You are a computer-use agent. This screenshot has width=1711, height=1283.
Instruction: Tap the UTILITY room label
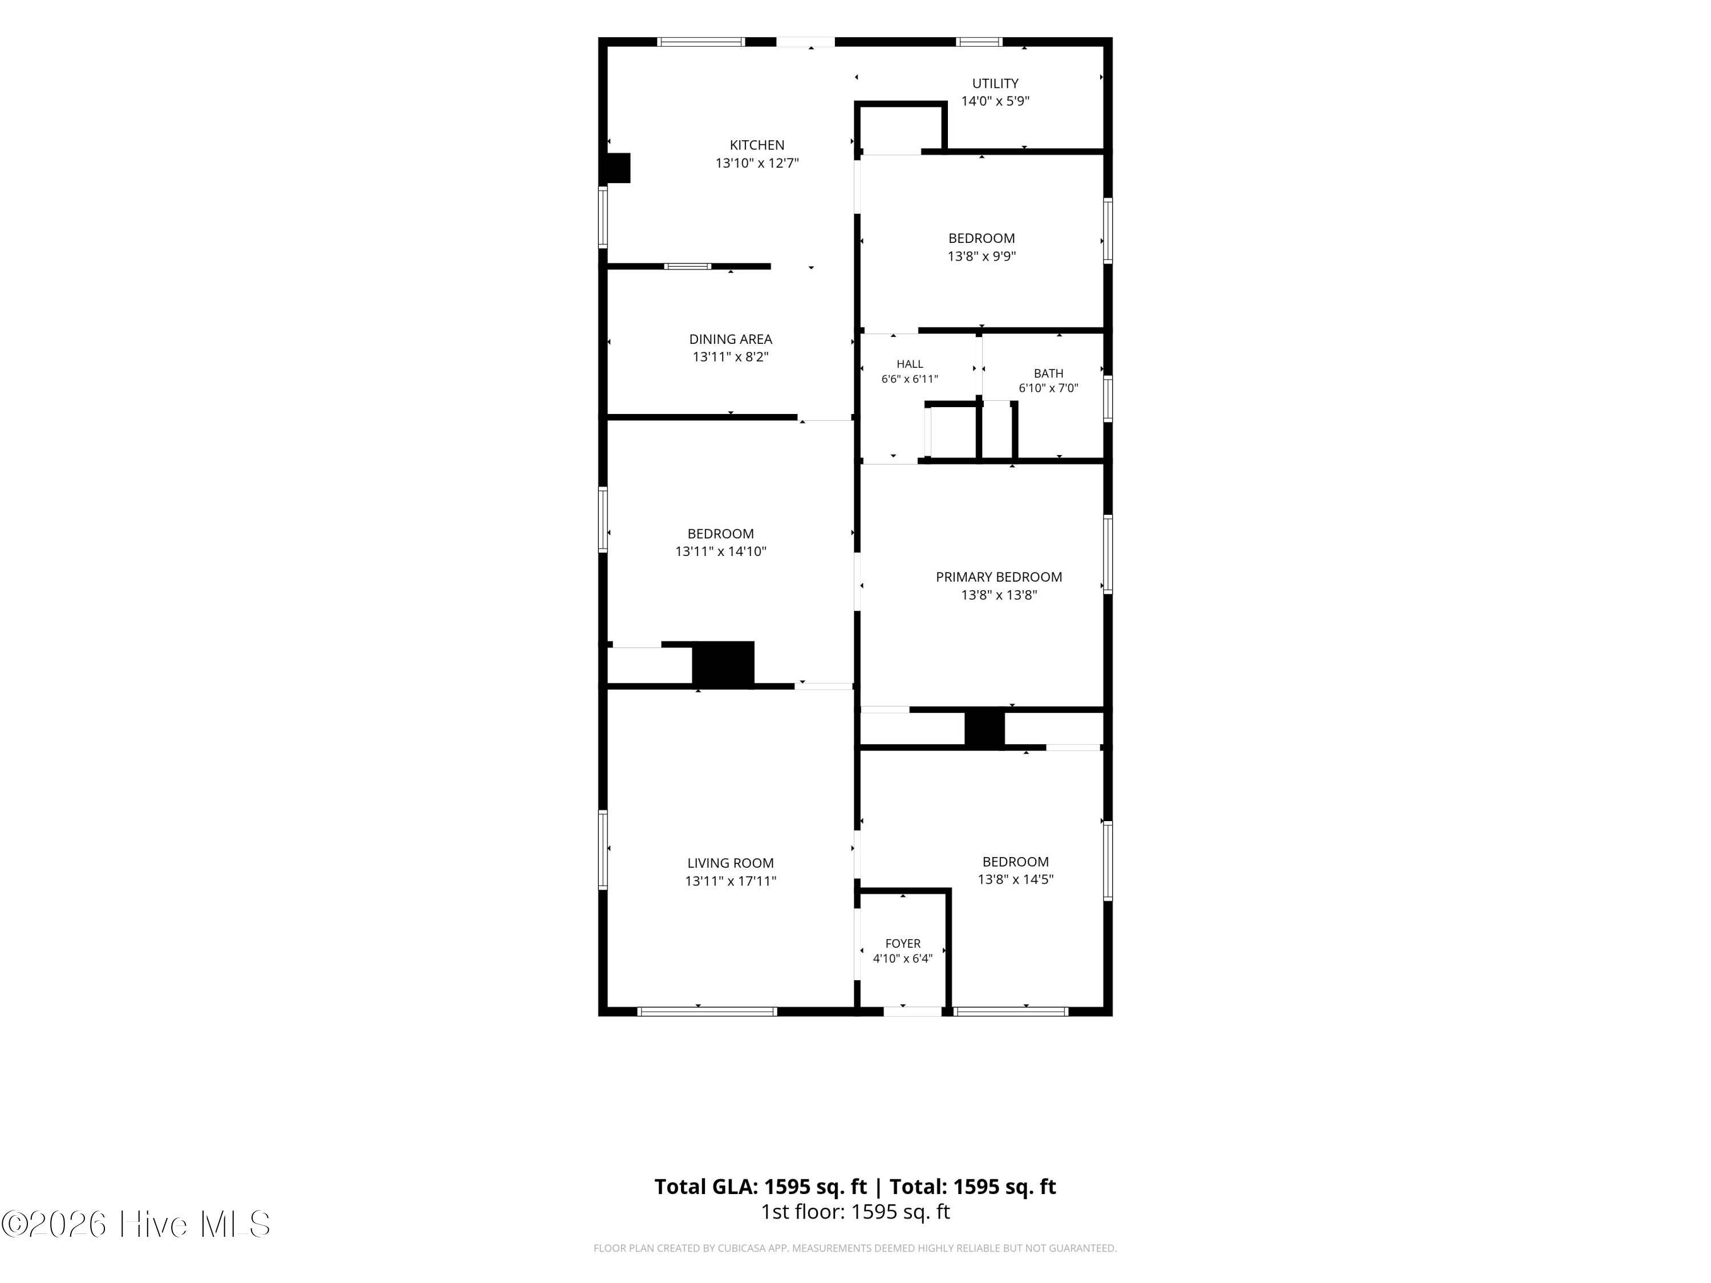(x=995, y=83)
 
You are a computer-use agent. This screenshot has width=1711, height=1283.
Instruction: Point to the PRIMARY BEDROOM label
(x=999, y=577)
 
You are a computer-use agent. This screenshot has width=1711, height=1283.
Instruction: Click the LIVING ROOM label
(x=730, y=863)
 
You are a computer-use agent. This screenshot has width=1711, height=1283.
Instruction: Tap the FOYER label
(x=903, y=944)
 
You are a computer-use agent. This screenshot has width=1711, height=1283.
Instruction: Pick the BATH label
(x=1048, y=373)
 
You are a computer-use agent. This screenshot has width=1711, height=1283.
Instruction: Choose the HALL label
(x=910, y=363)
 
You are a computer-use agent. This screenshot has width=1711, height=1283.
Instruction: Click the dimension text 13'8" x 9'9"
(x=982, y=256)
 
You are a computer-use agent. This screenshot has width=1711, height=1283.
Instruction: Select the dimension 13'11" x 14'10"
(x=720, y=551)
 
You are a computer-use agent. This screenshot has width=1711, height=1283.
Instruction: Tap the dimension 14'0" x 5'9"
(x=995, y=100)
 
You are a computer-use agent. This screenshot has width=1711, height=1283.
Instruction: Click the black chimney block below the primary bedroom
(x=984, y=729)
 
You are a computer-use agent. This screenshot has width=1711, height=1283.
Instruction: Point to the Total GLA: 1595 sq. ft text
(x=760, y=1186)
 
